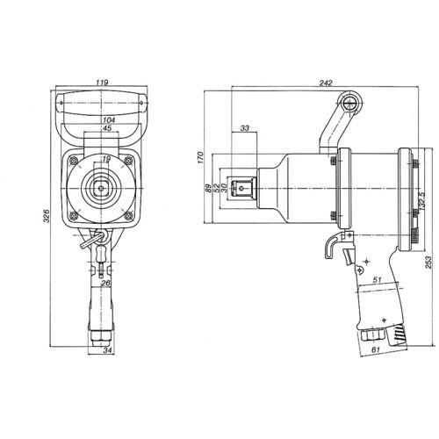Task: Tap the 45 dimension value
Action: tap(107, 128)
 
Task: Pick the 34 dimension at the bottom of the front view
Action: tap(107, 352)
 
